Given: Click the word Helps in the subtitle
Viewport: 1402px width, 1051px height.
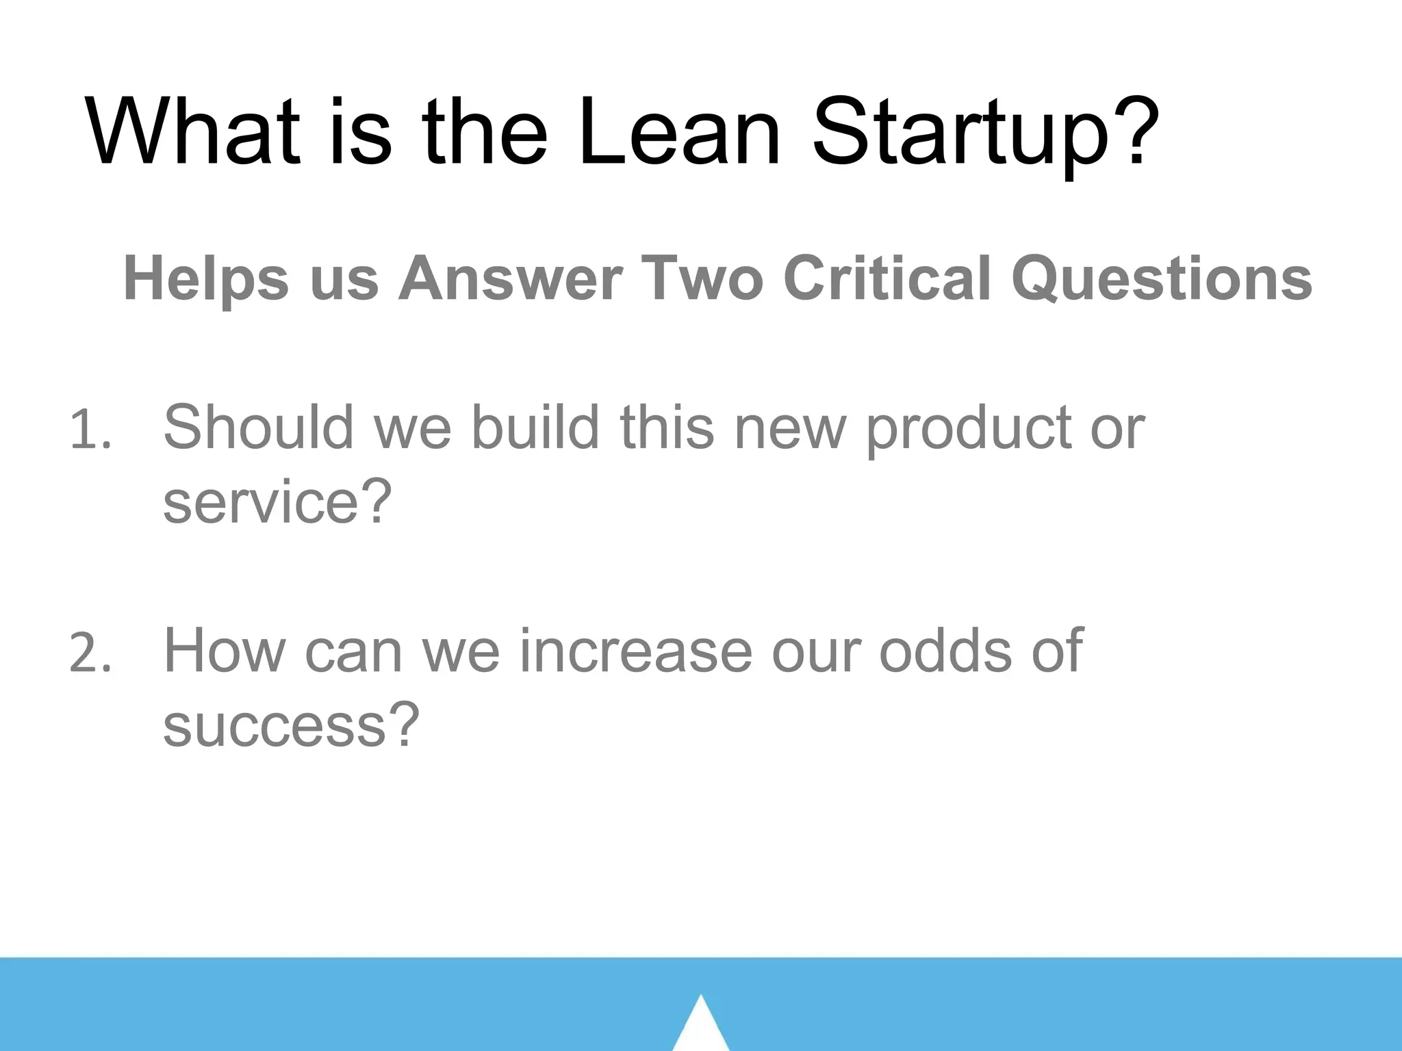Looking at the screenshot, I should tap(206, 279).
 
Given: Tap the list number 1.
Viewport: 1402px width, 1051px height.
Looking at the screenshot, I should tap(90, 432).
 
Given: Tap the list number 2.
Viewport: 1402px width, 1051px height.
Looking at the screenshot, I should tap(90, 653).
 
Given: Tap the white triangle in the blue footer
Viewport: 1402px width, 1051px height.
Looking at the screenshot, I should tap(700, 1026).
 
